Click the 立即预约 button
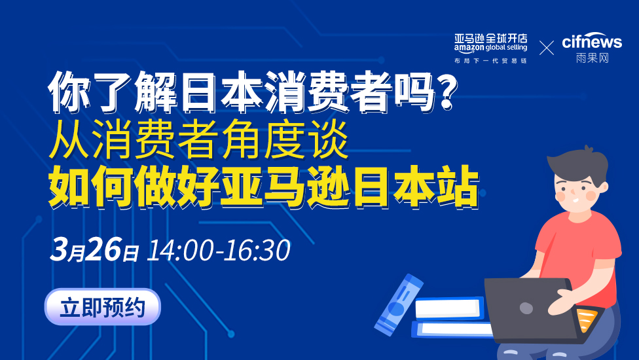[x=102, y=306]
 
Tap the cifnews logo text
[x=592, y=41]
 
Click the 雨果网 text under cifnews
[x=592, y=58]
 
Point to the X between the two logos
[x=547, y=48]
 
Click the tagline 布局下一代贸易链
[x=490, y=61]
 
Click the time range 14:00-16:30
[x=219, y=250]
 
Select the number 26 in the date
[x=104, y=249]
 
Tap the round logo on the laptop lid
[x=526, y=308]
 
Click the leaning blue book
[x=399, y=304]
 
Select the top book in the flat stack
[x=449, y=308]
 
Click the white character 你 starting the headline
[x=69, y=92]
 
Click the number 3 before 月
[x=59, y=249]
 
